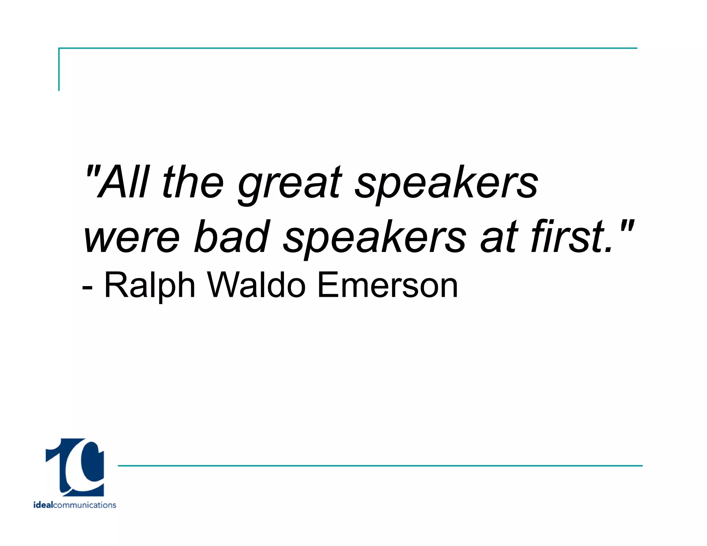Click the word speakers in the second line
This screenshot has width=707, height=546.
[375, 238]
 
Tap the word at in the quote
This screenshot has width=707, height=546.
[499, 237]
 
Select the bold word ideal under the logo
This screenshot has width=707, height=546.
[43, 505]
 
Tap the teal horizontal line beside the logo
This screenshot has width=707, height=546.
[380, 466]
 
